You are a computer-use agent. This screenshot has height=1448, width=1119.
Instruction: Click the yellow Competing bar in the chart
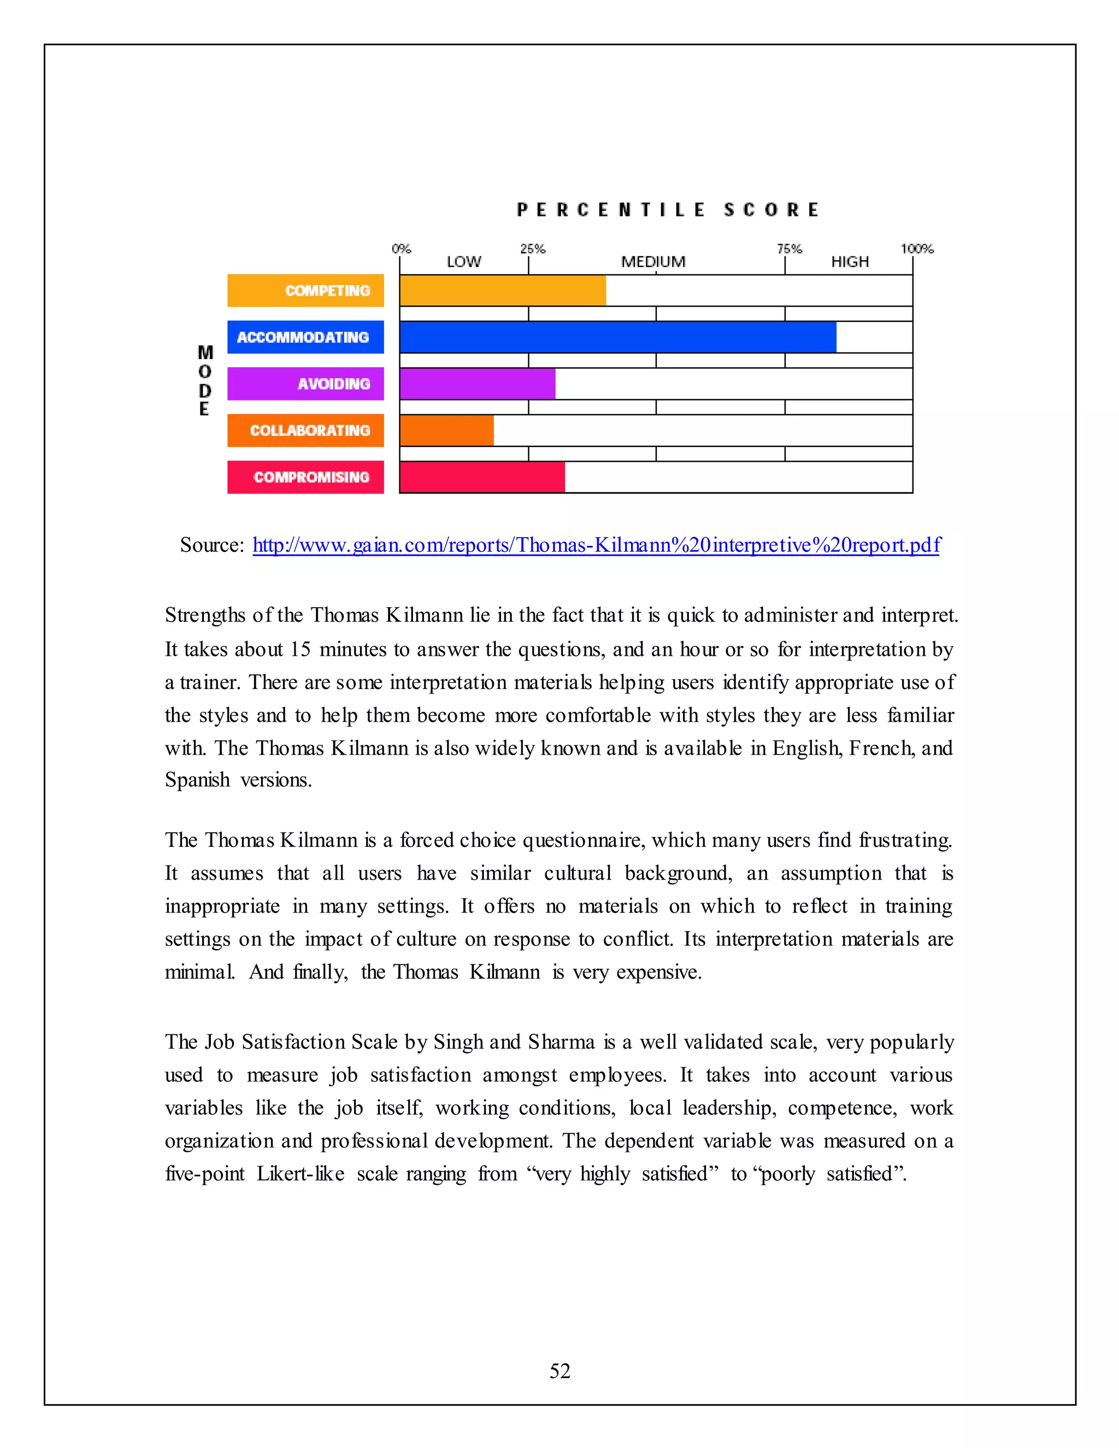click(x=503, y=290)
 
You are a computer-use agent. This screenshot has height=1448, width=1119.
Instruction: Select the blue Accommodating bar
click(x=618, y=337)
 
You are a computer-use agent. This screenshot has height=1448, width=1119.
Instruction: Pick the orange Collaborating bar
click(x=447, y=430)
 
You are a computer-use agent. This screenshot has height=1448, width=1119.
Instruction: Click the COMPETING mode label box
click(x=305, y=290)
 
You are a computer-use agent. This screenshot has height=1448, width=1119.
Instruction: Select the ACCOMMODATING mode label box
click(x=305, y=337)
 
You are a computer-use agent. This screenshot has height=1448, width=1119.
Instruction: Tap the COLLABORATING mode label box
click(x=305, y=430)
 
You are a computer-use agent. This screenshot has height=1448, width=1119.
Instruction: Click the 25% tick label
click(x=532, y=249)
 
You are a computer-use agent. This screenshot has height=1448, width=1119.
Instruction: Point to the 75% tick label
click(x=789, y=249)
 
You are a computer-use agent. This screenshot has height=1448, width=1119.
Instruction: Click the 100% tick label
click(x=917, y=249)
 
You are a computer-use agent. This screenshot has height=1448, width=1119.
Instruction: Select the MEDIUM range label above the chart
click(x=653, y=262)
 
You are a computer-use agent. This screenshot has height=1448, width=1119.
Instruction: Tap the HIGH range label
click(x=850, y=262)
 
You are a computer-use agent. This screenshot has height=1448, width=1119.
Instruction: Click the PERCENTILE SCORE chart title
click(x=668, y=210)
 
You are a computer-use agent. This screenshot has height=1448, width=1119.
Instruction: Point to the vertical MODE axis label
click(x=205, y=380)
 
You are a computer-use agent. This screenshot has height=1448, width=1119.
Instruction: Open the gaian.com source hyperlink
click(x=596, y=545)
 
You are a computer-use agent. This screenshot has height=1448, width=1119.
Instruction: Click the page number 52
click(x=559, y=1370)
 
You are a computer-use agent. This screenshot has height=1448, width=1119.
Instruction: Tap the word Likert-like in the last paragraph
click(x=301, y=1174)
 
